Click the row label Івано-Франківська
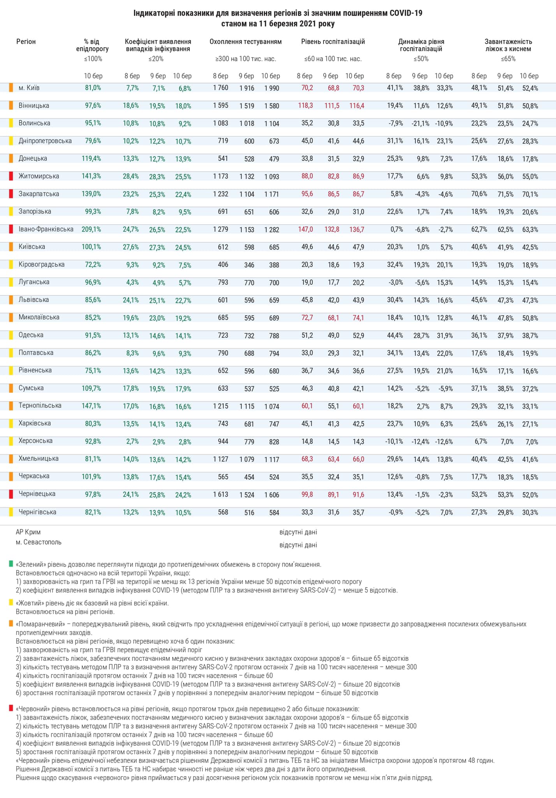point(46,229)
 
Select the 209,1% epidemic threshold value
point(91,230)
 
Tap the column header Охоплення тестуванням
point(246,42)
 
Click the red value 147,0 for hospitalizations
point(306,230)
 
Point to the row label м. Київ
point(29,88)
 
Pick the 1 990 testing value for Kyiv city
point(272,88)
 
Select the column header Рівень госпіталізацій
point(333,42)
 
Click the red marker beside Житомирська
point(11,176)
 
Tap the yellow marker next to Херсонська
point(11,441)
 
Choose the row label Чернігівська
point(37,512)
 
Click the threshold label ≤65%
point(508,59)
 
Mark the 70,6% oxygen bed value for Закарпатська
point(479,194)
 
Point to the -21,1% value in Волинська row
point(421,124)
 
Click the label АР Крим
point(28,532)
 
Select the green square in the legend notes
point(11,564)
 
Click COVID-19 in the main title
point(406,13)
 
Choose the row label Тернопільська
point(40,406)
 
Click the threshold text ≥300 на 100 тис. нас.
point(246,59)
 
